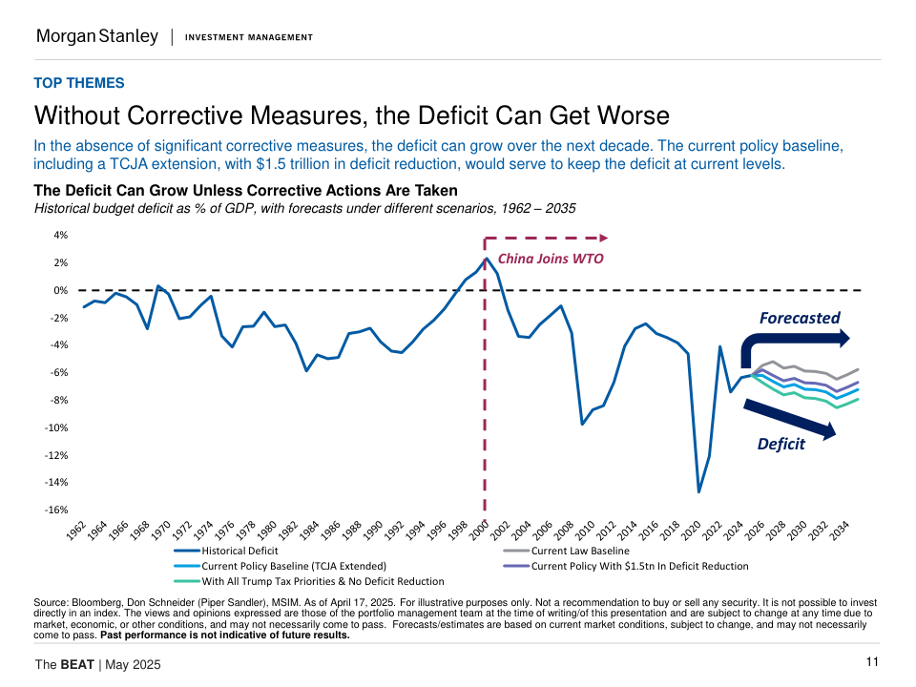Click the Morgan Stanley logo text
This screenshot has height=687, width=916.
(x=97, y=36)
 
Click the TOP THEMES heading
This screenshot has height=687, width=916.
(x=79, y=83)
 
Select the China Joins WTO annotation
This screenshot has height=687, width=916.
(x=551, y=258)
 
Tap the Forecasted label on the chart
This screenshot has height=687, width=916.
(x=800, y=318)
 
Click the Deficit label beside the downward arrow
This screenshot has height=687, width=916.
(x=781, y=444)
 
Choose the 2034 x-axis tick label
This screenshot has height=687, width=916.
(x=839, y=531)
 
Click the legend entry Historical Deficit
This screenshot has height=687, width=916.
(x=239, y=551)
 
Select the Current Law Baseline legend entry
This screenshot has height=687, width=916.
(x=580, y=551)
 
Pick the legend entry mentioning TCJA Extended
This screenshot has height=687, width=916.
(x=293, y=566)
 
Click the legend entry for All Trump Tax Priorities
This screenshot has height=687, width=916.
(x=323, y=581)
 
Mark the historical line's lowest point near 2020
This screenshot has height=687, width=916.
(x=699, y=492)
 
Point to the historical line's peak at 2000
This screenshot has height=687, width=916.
(x=486, y=258)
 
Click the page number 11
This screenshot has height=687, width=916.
(x=872, y=662)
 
